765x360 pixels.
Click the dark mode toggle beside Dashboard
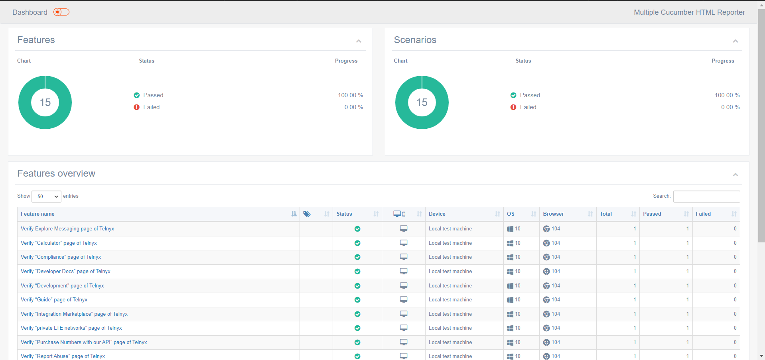click(x=61, y=12)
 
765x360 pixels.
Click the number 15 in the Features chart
click(x=45, y=102)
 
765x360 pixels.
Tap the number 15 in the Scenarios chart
click(x=422, y=102)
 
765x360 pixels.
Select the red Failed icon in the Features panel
click(x=137, y=107)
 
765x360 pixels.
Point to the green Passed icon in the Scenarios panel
click(x=513, y=95)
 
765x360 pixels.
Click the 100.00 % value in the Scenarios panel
click(x=727, y=95)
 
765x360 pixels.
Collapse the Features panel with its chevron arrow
click(x=359, y=41)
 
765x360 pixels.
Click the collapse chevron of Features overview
click(x=735, y=175)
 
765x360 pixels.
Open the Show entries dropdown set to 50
click(x=46, y=196)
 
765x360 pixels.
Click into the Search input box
click(x=706, y=196)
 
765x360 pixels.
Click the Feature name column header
click(x=37, y=214)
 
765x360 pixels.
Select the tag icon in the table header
click(x=307, y=214)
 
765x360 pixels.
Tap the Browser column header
click(x=553, y=214)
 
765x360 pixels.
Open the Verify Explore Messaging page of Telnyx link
click(x=67, y=229)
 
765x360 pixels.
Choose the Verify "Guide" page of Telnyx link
click(x=54, y=300)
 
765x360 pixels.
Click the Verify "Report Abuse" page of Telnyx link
click(x=63, y=356)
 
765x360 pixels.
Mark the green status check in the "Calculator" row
click(x=357, y=243)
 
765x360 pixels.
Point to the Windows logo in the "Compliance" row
click(x=510, y=257)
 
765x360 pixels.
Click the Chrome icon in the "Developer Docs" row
click(x=546, y=271)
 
